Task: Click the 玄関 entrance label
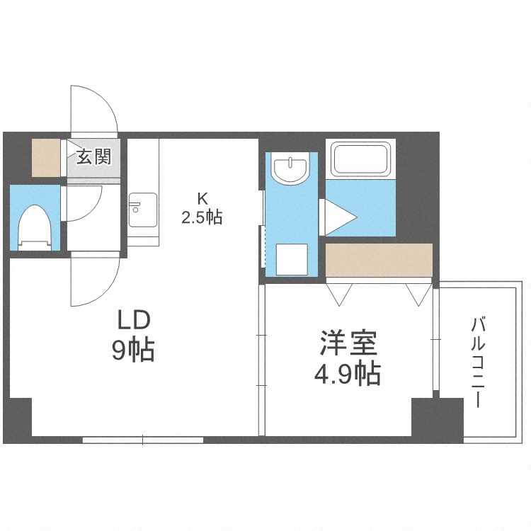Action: [94, 156]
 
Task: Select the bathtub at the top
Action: [361, 159]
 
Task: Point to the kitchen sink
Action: [143, 207]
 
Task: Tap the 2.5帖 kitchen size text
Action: [202, 217]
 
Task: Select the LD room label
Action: [133, 321]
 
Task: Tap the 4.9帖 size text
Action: [347, 373]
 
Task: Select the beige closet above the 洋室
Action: [379, 260]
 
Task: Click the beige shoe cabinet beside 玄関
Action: [47, 157]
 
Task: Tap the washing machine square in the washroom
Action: [292, 259]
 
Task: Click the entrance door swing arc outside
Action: [93, 109]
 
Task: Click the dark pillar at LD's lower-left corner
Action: [21, 418]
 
